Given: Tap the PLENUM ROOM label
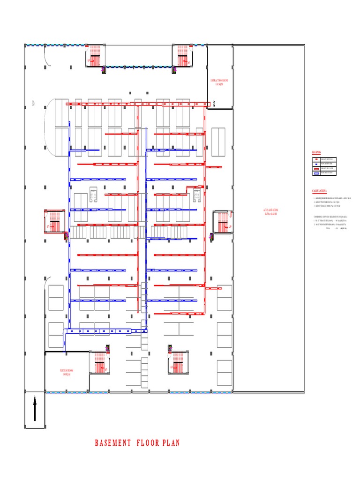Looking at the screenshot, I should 67,372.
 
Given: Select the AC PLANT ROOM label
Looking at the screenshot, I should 270,211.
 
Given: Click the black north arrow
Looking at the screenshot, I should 35,408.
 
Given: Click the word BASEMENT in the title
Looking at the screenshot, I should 113,443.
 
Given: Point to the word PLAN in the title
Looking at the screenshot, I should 171,443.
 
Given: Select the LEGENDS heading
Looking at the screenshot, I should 317,153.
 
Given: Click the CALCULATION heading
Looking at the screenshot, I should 320,191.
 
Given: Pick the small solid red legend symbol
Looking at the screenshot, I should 316,159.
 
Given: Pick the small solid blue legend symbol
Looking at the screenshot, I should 316,164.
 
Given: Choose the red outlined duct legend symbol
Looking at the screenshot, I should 316,168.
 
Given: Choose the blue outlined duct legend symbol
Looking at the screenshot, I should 316,173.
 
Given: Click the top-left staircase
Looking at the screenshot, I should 95,56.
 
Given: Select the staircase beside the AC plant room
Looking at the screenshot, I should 222,222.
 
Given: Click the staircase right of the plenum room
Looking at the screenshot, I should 99,362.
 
